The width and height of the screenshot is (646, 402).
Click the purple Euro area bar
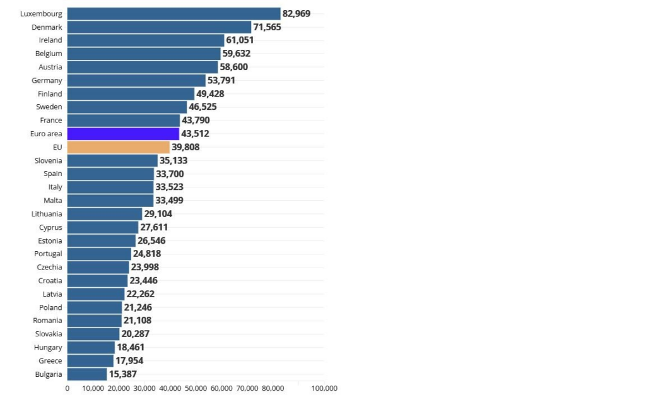click(x=123, y=134)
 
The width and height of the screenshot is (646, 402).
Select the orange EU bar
click(x=119, y=147)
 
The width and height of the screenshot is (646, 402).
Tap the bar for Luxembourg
click(x=173, y=14)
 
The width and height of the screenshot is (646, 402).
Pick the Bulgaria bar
click(x=87, y=374)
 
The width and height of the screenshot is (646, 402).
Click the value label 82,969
click(x=297, y=14)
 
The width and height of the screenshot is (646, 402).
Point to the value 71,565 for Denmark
click(x=267, y=27)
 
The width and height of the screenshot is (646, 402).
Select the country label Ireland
click(x=50, y=40)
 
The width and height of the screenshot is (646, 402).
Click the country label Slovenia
click(x=48, y=160)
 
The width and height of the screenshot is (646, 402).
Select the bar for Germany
click(x=136, y=80)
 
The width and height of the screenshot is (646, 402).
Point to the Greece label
click(x=50, y=361)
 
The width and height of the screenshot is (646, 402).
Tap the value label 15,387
click(x=122, y=374)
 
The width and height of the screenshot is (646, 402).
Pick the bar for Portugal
click(x=99, y=254)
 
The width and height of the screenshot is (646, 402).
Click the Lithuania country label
click(x=47, y=214)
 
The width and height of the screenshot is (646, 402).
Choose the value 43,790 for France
click(x=196, y=121)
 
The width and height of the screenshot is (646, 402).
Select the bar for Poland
click(x=95, y=307)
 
